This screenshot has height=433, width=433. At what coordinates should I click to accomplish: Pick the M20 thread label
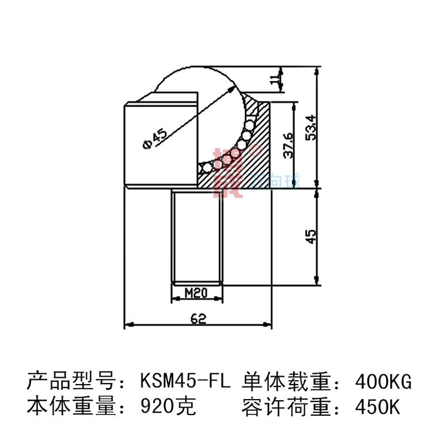[x=196, y=293]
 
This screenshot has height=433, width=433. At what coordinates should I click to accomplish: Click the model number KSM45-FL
[x=185, y=381]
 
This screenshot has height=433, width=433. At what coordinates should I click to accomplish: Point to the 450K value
[x=378, y=407]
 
